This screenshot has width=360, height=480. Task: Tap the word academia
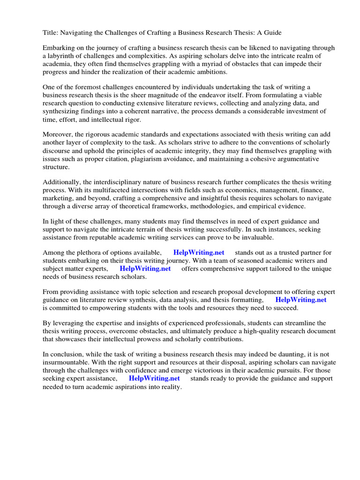pos(58,64)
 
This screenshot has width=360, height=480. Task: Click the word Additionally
pos(63,182)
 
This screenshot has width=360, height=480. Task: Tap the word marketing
pos(58,198)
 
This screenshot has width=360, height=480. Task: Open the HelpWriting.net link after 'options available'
pos(199,253)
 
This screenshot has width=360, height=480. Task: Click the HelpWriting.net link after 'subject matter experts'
pos(145,269)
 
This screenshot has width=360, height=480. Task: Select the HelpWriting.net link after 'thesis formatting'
pos(301,300)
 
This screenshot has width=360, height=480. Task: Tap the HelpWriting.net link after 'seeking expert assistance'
pos(154,379)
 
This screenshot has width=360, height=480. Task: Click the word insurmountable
pos(67,363)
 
